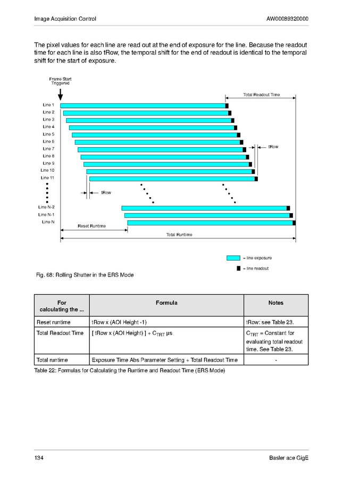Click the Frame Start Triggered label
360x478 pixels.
60,81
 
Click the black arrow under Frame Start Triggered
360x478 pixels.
60,95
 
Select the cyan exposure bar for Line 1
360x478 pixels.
144,106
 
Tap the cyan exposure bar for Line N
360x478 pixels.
210,223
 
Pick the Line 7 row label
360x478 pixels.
48,149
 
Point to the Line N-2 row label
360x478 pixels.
46,207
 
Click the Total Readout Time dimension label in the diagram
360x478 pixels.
261,95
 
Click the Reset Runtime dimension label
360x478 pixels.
91,226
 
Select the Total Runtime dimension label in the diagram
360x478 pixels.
179,234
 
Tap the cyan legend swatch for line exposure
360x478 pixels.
233,258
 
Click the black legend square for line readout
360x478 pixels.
238,269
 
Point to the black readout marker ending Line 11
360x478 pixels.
256,179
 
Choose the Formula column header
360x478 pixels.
166,303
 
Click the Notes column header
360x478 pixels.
276,303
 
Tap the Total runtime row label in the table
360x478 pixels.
53,360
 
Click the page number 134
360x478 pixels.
39,458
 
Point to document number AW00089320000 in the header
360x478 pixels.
287,19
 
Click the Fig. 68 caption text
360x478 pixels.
84,275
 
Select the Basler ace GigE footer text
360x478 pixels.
289,458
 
